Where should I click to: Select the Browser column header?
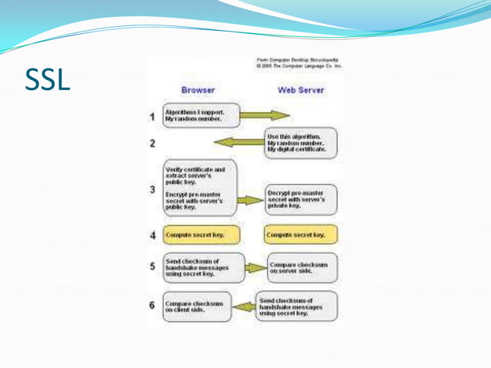(x=198, y=90)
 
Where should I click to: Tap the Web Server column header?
(x=301, y=90)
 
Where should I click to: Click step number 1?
(x=152, y=118)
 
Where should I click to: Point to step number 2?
(x=152, y=143)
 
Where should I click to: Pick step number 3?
(x=152, y=189)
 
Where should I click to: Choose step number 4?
(x=152, y=234)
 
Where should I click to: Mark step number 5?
(x=152, y=267)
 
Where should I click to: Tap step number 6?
(x=152, y=305)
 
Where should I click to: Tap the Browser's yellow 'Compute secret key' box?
(x=200, y=234)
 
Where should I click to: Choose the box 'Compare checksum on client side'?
(x=199, y=306)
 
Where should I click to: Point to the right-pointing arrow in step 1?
(x=266, y=117)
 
